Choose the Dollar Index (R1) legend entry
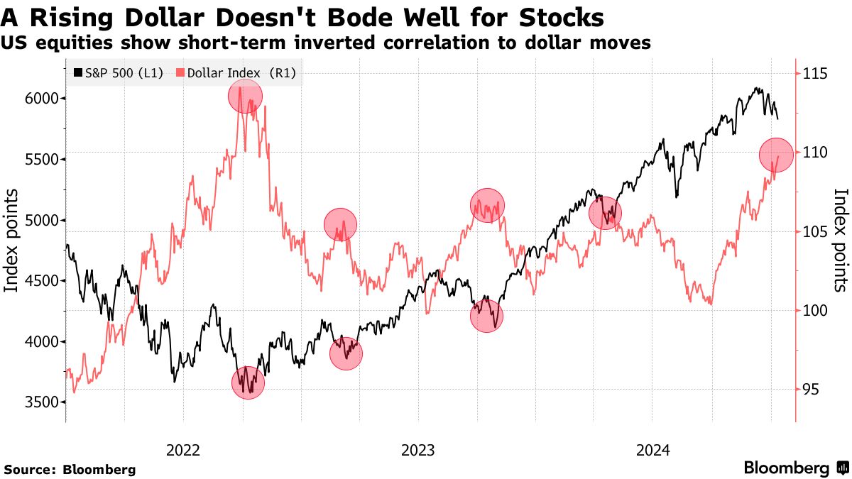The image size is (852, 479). pos(236,72)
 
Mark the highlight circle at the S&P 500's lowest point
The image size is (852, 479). pos(248,383)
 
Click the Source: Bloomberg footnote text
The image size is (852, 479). pos(70,469)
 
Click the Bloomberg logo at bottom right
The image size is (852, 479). pos(795,468)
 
